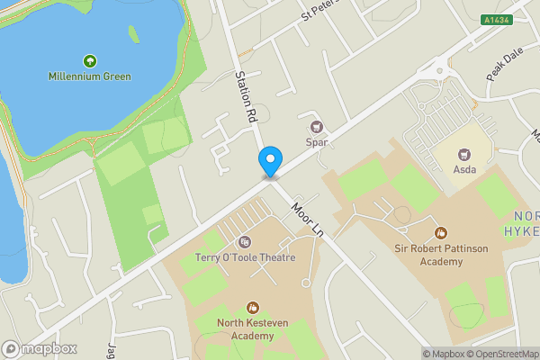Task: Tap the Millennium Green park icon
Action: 90,61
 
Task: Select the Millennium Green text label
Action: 90,76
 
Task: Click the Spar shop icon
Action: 316,127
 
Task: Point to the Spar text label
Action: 316,142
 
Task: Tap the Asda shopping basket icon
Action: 465,155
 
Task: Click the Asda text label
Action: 465,169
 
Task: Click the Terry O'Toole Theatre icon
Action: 244,242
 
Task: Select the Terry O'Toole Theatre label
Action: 245,257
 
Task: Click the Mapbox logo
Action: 40,349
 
